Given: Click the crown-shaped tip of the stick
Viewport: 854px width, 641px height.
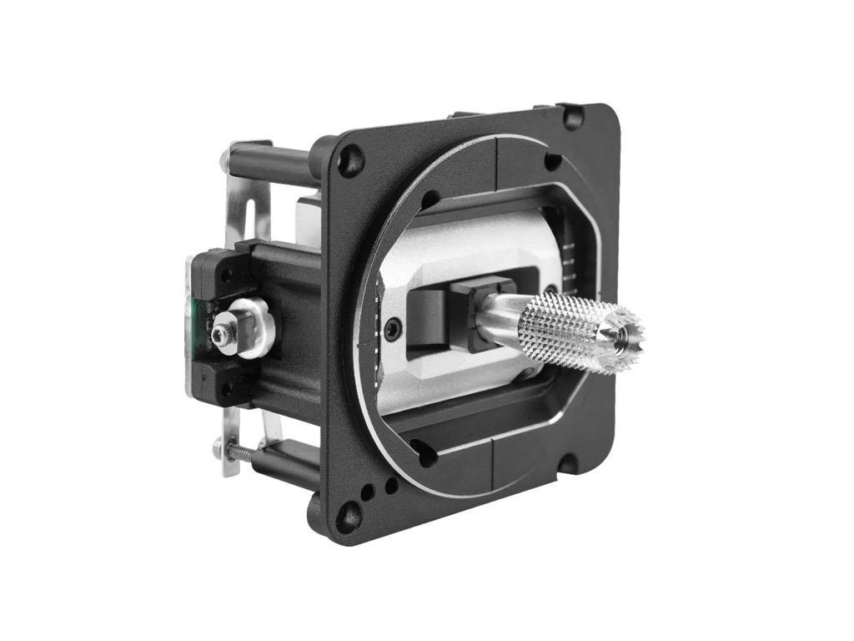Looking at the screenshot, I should (623, 331).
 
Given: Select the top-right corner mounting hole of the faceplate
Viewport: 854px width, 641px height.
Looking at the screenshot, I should (574, 117).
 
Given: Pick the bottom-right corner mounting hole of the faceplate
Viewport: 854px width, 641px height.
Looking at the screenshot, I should (566, 464).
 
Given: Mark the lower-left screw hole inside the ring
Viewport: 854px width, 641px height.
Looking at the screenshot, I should (424, 455).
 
